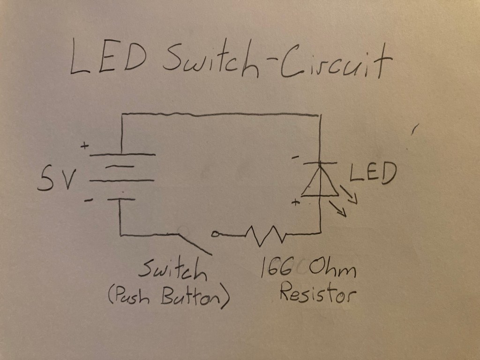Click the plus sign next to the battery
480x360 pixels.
[84, 146]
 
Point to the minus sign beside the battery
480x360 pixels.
[88, 201]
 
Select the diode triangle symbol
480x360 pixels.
[320, 183]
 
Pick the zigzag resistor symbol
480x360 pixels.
[264, 234]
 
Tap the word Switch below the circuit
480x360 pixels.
[172, 270]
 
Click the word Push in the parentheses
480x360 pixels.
[133, 296]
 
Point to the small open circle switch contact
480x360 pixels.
[215, 233]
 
